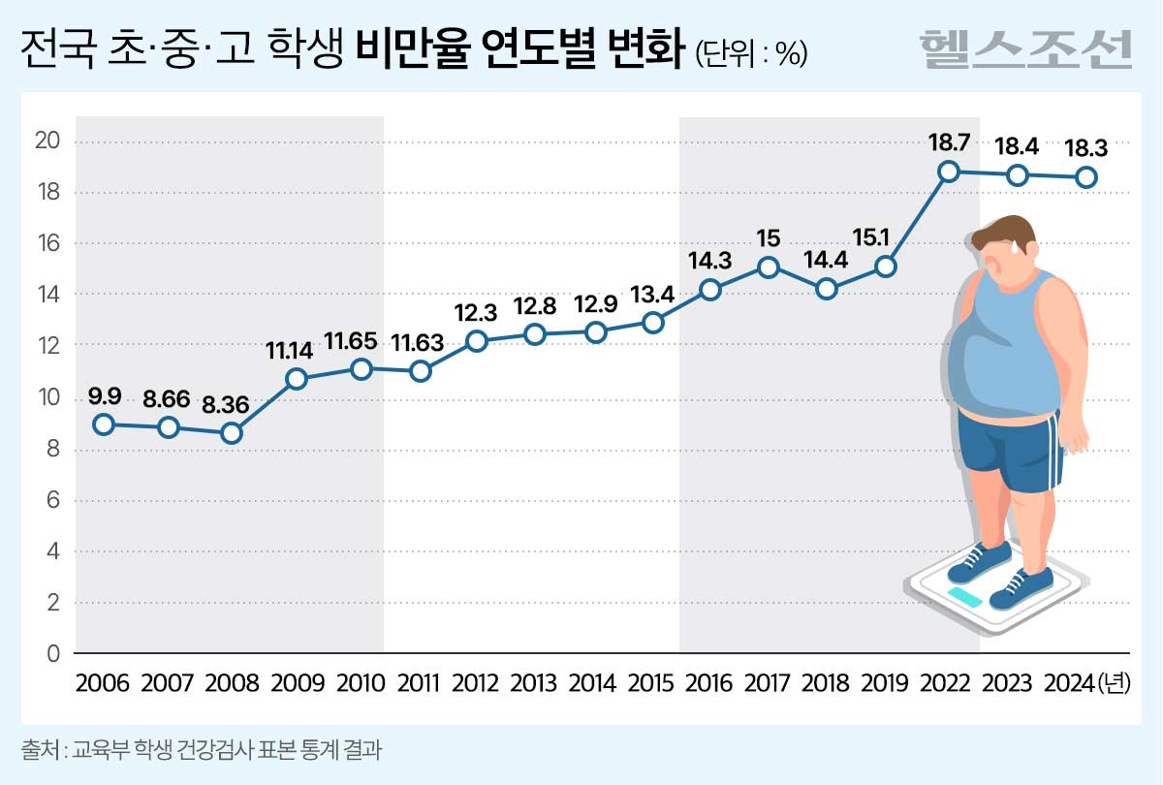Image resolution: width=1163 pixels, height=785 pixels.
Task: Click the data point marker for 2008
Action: point(232,433)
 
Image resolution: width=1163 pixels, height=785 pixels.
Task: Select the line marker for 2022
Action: point(949,172)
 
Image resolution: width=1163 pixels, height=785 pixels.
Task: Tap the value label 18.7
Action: point(949,142)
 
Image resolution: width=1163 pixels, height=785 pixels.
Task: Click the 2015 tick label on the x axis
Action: point(651,683)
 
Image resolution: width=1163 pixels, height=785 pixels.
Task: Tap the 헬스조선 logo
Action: point(1025,48)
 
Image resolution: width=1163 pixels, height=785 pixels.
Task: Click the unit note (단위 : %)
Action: point(752,54)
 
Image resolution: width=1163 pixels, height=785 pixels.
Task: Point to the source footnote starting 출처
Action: point(195,750)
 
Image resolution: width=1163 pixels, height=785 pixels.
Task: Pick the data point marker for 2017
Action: point(768,267)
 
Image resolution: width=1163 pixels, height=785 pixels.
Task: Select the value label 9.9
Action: point(105,395)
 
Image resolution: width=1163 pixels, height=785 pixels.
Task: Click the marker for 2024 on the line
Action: point(1086,177)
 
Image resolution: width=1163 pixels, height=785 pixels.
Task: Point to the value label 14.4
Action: point(826,260)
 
